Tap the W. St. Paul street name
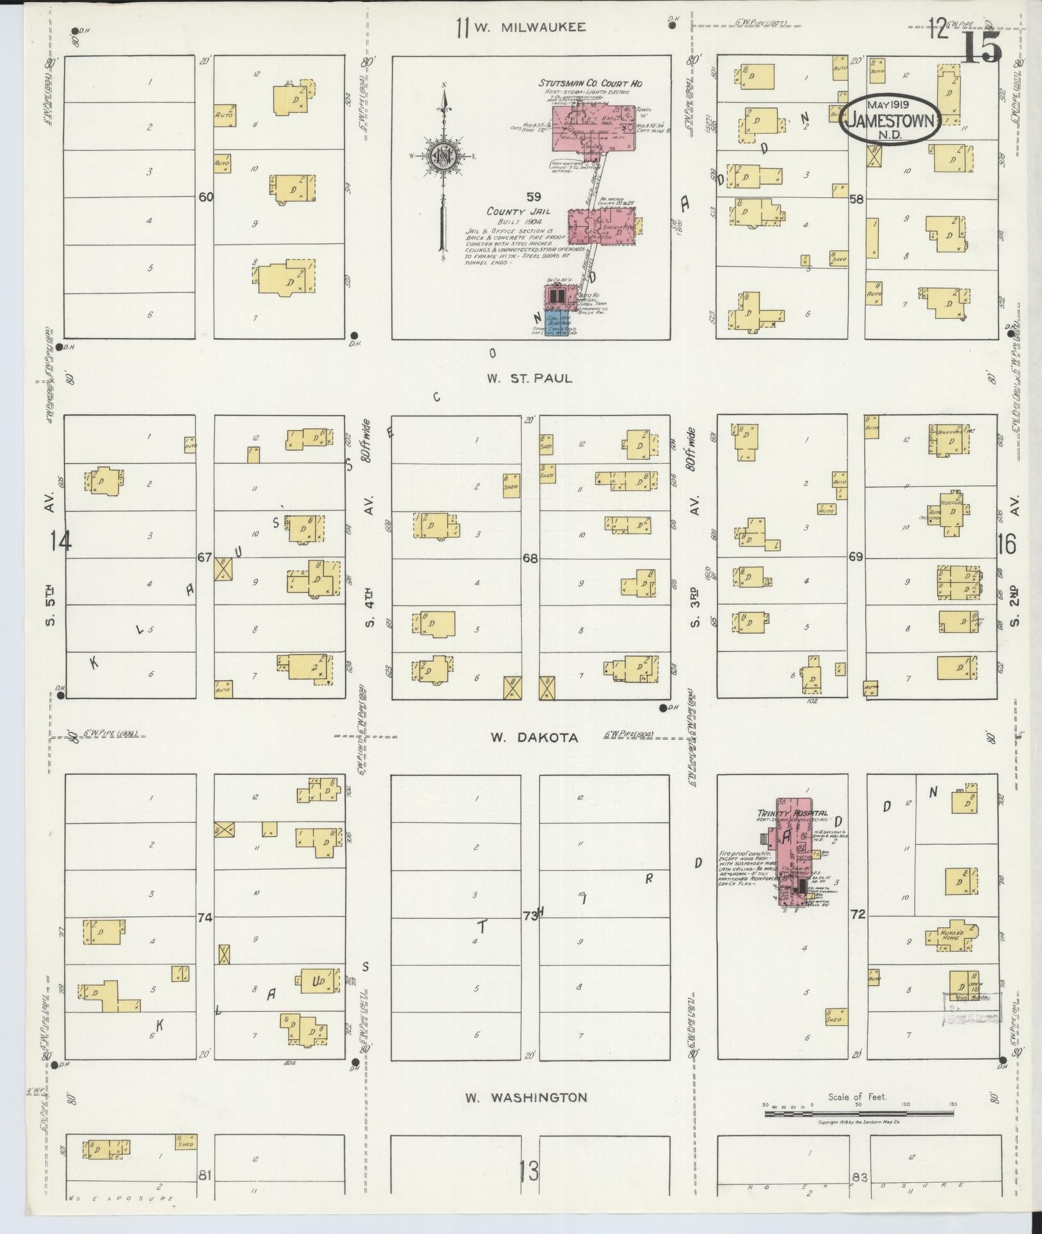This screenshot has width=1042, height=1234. pos(529,378)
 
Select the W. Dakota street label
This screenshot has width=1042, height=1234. pos(534,738)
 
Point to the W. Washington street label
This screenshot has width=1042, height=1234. pos(526,1098)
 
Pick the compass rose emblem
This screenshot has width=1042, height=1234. pos(442,156)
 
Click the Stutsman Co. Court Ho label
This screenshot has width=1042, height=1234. pos(589,84)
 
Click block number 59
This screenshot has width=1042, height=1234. pos(534,196)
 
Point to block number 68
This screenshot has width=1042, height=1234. pos(530,558)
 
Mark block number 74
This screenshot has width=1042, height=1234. pos(205,918)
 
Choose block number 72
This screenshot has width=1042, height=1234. pos(857,915)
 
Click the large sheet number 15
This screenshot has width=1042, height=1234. pos(981,48)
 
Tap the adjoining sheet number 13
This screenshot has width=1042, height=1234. pos(529,1172)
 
